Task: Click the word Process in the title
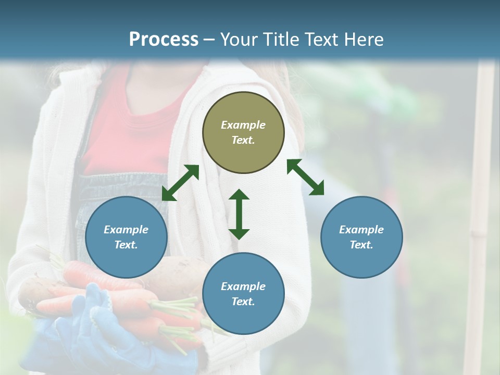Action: click(164, 40)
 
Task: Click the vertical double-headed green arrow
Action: click(239, 214)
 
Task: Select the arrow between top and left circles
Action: click(180, 183)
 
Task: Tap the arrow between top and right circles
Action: click(305, 177)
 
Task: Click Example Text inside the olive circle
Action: click(243, 132)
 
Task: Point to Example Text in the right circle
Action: click(361, 237)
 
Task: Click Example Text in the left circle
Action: click(126, 237)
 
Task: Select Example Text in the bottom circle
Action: click(243, 294)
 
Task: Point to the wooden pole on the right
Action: click(481, 208)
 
